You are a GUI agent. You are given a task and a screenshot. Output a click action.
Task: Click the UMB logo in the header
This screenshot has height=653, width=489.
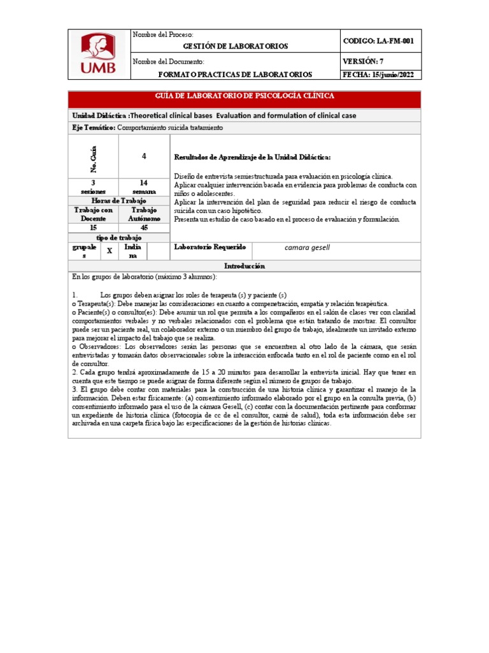pos(98,54)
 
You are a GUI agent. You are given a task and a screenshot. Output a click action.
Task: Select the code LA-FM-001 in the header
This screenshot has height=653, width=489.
pos(378,41)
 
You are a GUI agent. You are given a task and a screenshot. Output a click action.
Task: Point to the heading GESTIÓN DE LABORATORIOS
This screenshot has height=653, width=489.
pos(236,47)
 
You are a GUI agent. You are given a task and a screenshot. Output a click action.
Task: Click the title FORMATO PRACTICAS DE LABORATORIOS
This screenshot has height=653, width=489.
pos(236,75)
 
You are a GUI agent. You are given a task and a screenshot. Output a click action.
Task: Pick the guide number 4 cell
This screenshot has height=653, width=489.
pos(144,155)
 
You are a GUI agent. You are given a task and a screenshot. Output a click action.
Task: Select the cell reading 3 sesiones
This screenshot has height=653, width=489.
pos(93,187)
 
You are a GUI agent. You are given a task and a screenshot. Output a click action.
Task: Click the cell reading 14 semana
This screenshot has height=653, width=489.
pos(144,187)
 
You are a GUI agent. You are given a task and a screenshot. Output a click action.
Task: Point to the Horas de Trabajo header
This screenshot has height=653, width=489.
pos(118,201)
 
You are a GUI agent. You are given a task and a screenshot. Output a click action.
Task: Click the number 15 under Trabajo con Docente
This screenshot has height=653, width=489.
pos(93,227)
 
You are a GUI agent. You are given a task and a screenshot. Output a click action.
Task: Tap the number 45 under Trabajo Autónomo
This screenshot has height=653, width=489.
pos(144,227)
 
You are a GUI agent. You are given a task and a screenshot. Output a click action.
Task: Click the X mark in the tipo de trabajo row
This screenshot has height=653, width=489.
pos(110,251)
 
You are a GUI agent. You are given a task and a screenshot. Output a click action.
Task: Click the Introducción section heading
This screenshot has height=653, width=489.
pos(244,266)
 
